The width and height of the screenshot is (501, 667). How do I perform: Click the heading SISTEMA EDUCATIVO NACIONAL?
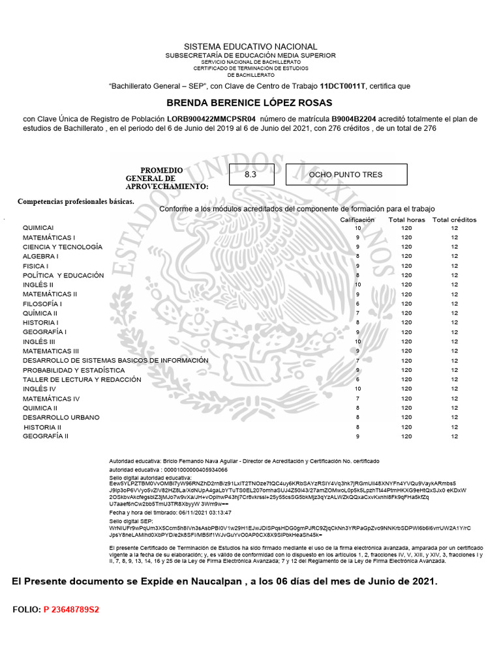(x=250, y=47)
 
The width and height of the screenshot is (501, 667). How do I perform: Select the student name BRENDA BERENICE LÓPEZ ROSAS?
(x=250, y=103)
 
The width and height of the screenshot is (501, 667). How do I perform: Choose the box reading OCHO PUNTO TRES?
(x=346, y=175)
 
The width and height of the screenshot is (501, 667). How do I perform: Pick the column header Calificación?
(x=357, y=220)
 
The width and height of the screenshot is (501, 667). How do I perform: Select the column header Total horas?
(x=407, y=220)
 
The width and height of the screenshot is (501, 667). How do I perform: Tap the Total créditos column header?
(x=455, y=220)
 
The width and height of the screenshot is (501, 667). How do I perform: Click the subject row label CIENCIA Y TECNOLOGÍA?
(x=63, y=247)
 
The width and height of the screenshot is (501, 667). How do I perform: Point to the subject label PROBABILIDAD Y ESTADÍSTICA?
(x=74, y=370)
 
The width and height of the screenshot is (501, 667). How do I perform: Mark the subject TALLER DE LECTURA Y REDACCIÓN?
(x=82, y=379)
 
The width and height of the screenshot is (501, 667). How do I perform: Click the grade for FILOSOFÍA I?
(x=357, y=304)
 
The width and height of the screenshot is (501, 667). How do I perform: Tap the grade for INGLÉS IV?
(x=357, y=389)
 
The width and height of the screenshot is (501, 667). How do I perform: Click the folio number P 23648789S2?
(x=71, y=610)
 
